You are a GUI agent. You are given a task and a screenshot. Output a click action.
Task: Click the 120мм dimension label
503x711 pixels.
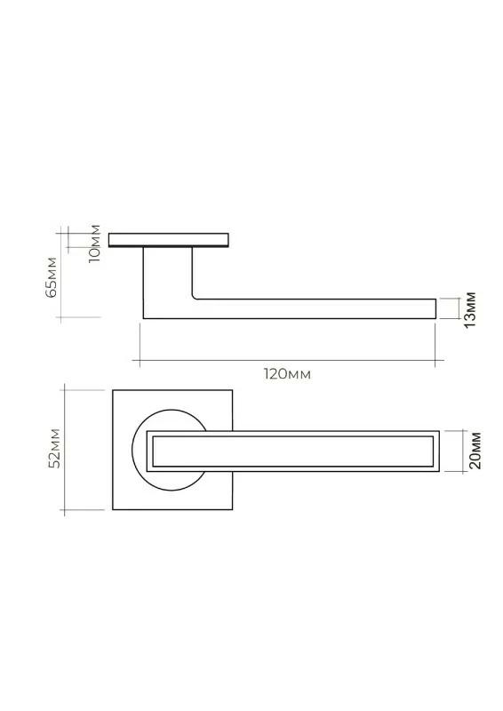[x=287, y=374]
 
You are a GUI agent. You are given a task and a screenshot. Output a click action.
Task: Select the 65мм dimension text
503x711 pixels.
[x=52, y=276]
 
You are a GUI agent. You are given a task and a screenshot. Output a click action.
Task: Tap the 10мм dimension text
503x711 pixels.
[x=95, y=244]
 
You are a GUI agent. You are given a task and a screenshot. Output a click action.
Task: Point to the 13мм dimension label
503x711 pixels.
[x=470, y=309]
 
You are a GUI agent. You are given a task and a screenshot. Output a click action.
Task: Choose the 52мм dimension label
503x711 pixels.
[x=56, y=448]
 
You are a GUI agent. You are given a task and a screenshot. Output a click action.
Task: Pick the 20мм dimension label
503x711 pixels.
[x=475, y=451]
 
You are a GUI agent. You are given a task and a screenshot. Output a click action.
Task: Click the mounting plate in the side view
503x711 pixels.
[x=169, y=240]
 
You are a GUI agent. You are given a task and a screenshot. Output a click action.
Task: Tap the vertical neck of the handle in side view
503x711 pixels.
[x=167, y=272]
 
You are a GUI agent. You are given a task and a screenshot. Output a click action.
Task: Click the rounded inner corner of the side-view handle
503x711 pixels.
[x=194, y=297]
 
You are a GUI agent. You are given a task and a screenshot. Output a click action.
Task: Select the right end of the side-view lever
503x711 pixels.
[x=435, y=308]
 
